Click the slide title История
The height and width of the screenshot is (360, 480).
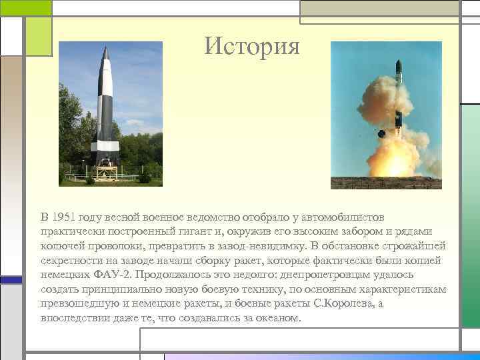[x=253, y=46]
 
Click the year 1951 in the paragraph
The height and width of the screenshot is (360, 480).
[x=63, y=217]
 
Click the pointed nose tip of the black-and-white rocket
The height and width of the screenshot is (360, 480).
[x=107, y=47]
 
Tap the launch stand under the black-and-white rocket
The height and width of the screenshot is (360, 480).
[x=106, y=171]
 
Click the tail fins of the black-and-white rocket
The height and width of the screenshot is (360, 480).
[x=105, y=150]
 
